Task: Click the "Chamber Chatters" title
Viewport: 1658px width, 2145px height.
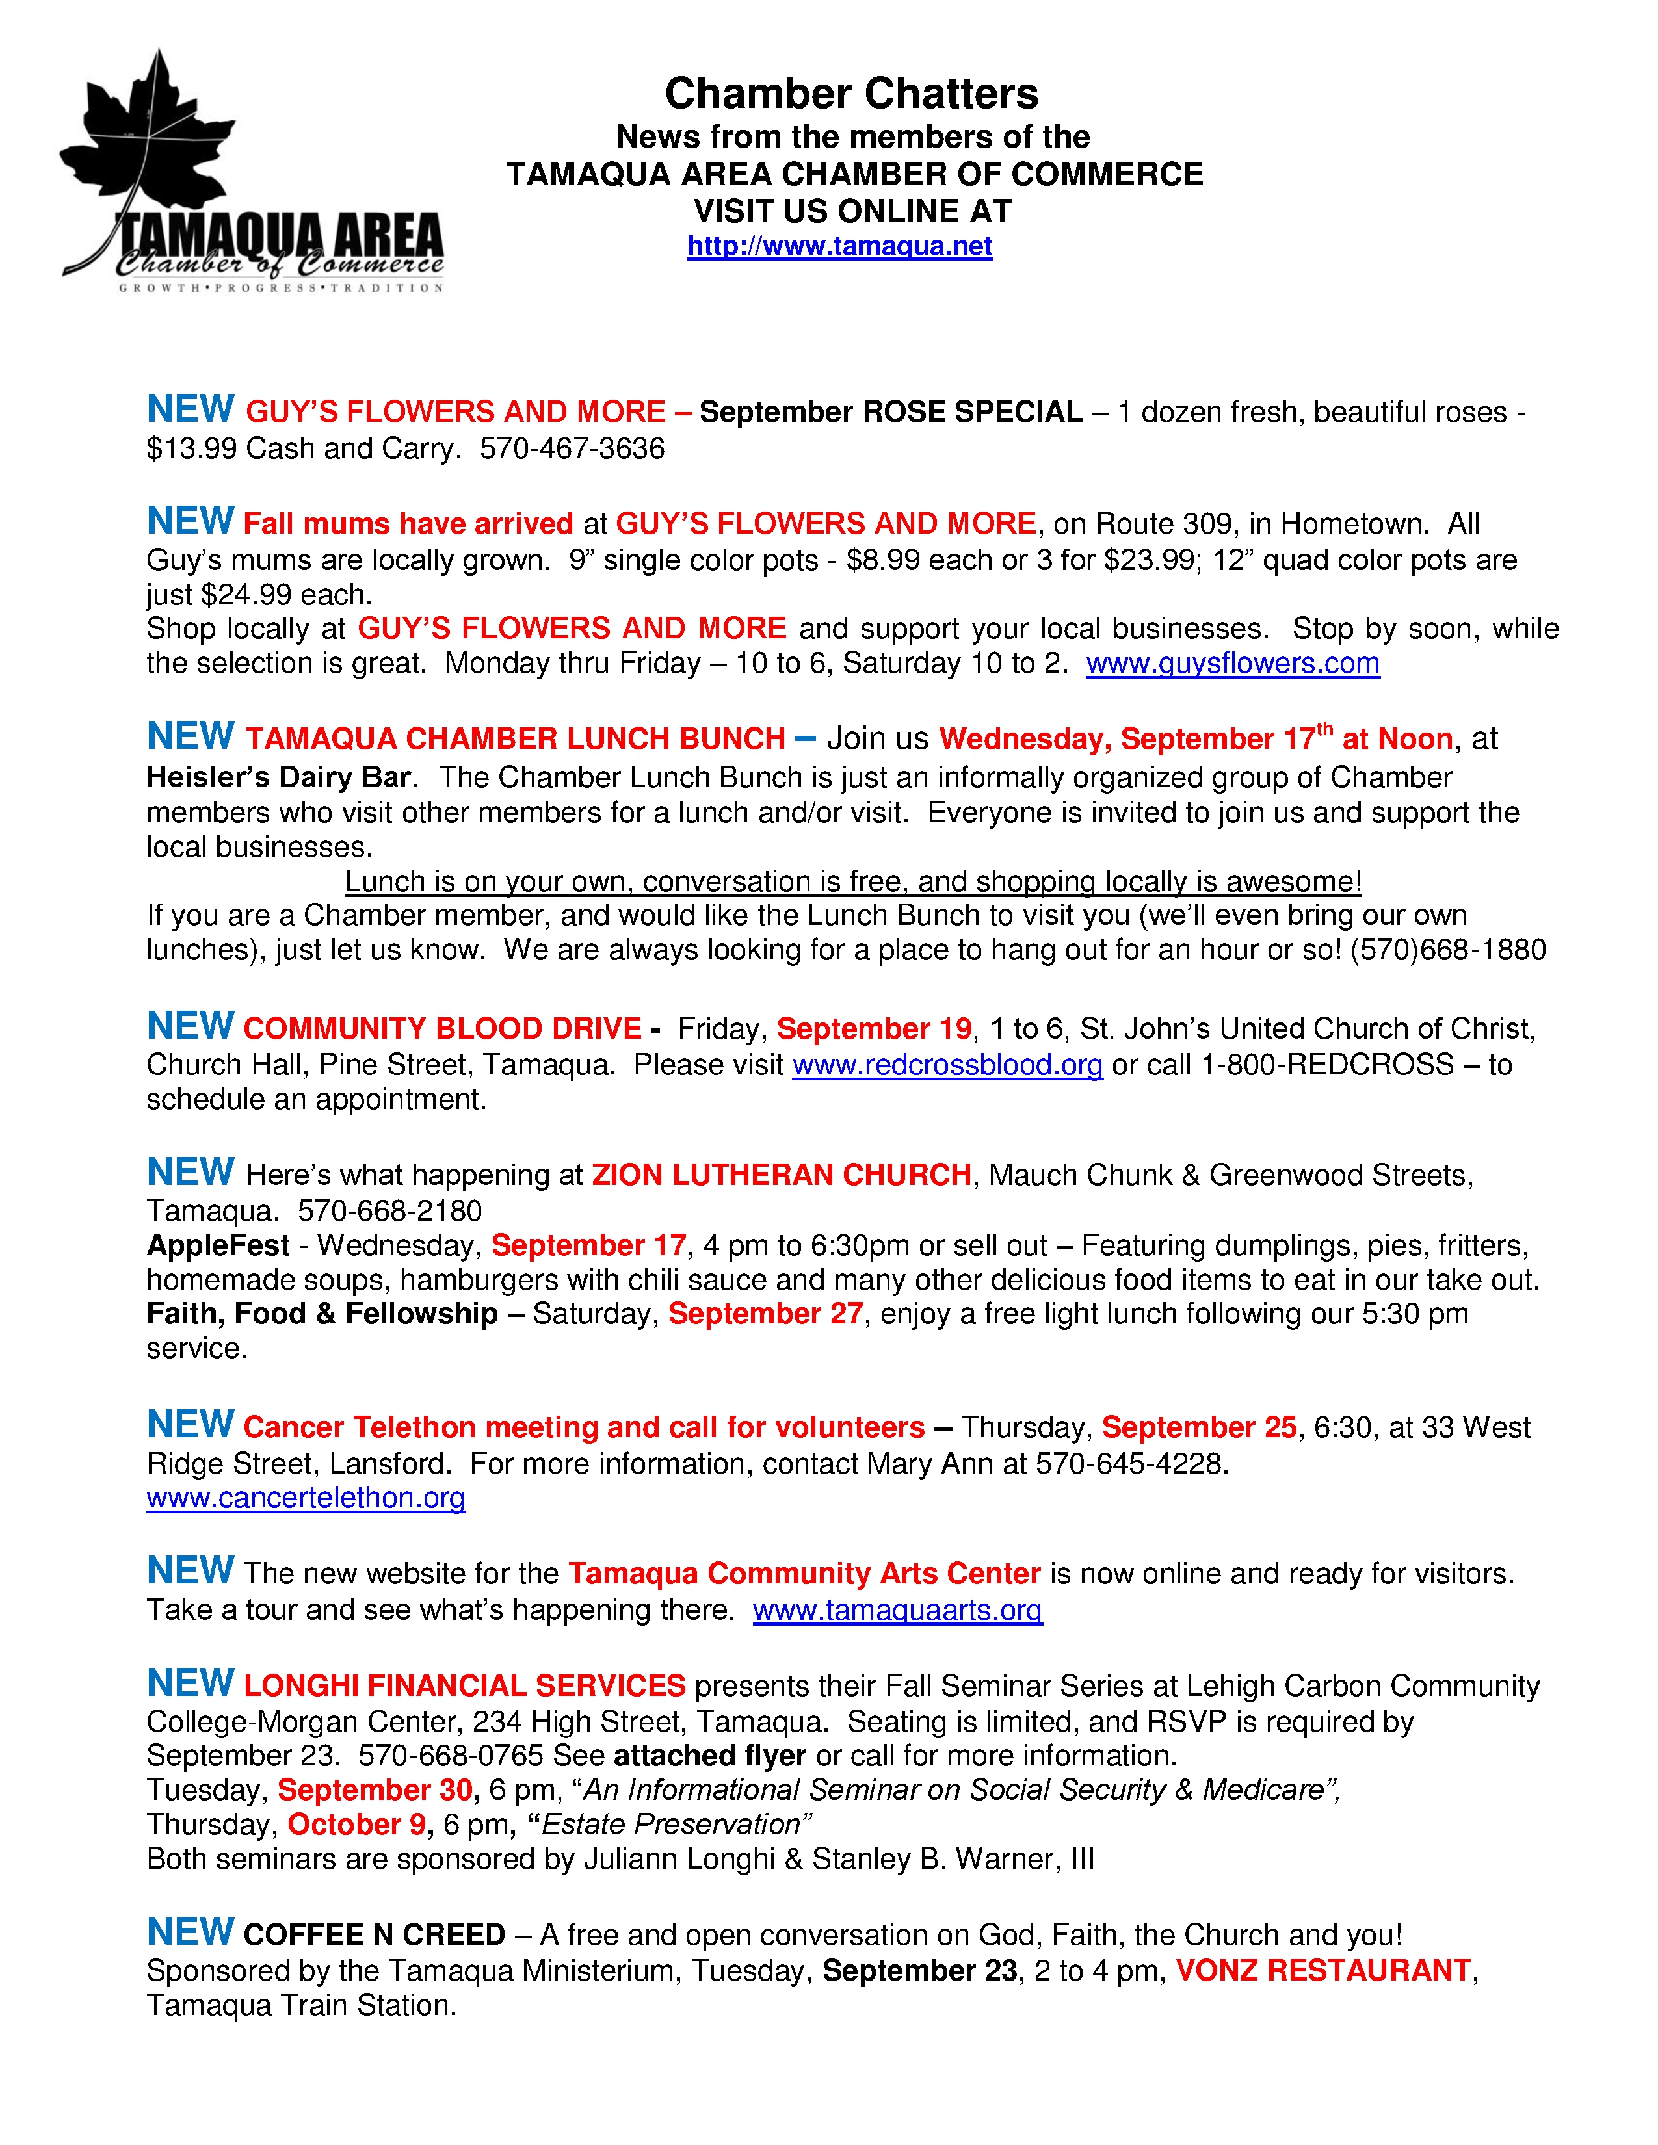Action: (850, 94)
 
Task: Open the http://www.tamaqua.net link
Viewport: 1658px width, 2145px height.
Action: (840, 246)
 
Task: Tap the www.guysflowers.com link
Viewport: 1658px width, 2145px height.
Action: (1233, 664)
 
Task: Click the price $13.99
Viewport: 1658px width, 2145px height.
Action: (192, 449)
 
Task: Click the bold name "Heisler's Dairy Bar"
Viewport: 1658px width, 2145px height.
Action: (278, 778)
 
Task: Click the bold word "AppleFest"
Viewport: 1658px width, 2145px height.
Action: (217, 1245)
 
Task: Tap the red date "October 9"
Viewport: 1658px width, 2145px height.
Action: (356, 1825)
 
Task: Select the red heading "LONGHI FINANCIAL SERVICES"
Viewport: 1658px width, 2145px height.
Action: (464, 1685)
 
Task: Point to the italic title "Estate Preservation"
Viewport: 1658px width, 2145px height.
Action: (671, 1825)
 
